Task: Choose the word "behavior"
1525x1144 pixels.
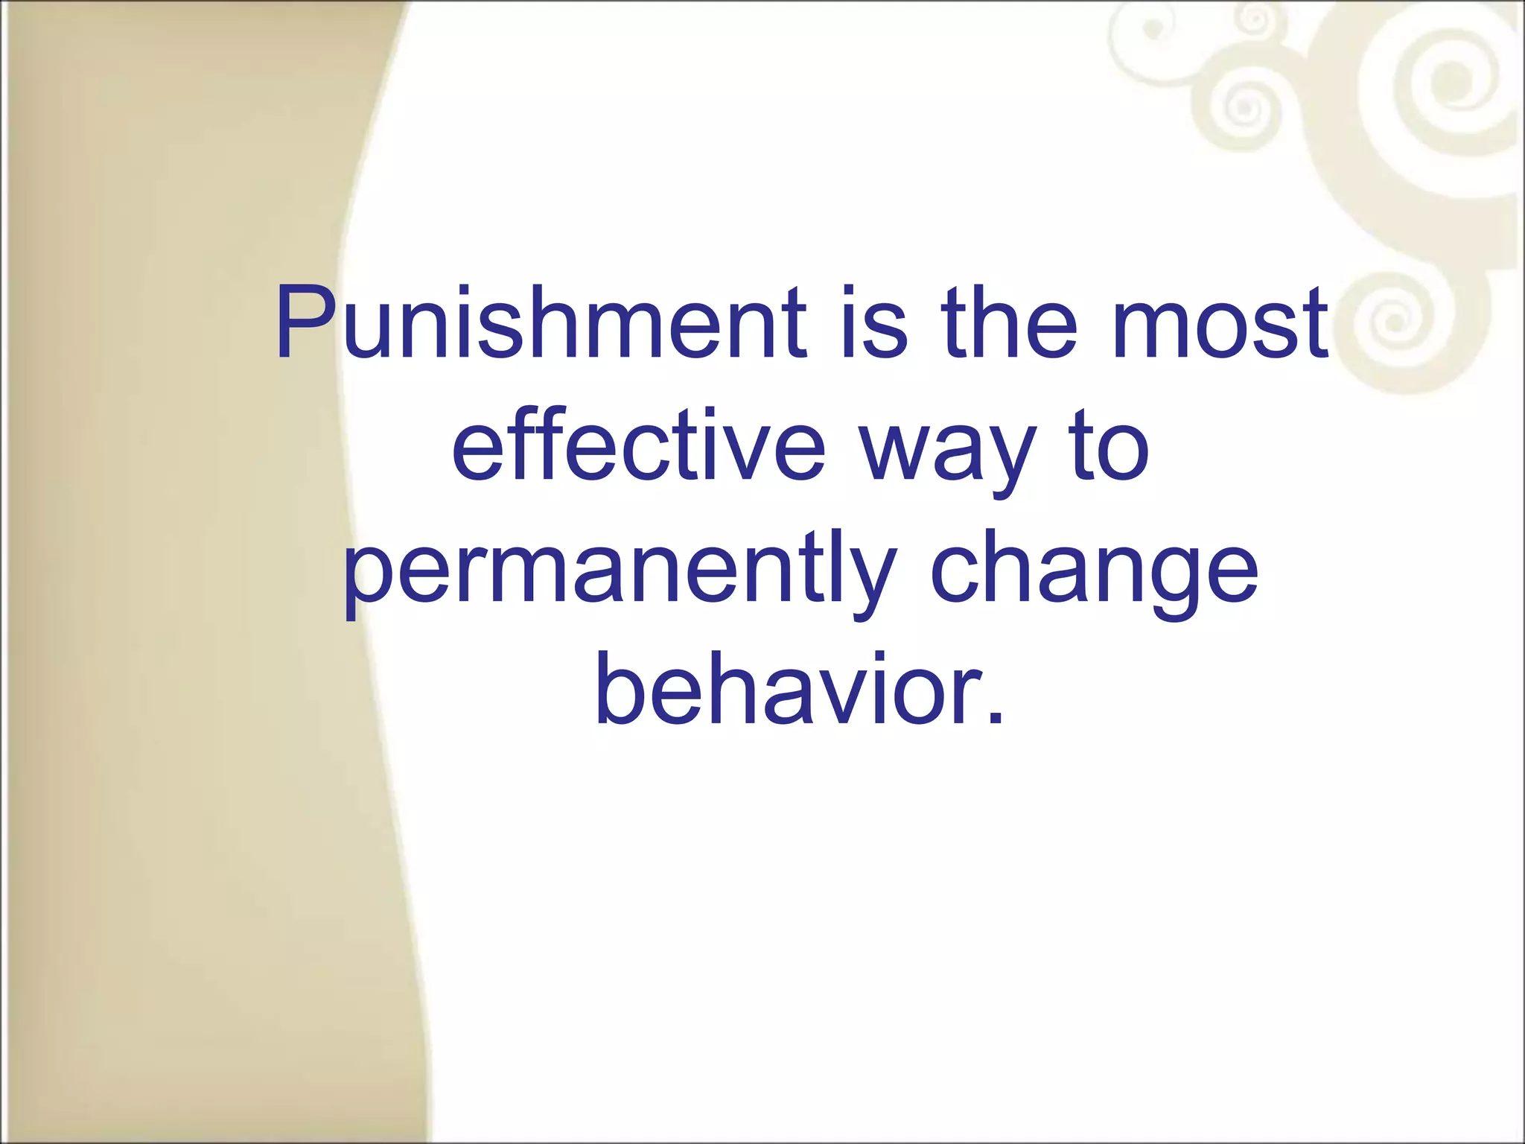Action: [782, 689]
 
